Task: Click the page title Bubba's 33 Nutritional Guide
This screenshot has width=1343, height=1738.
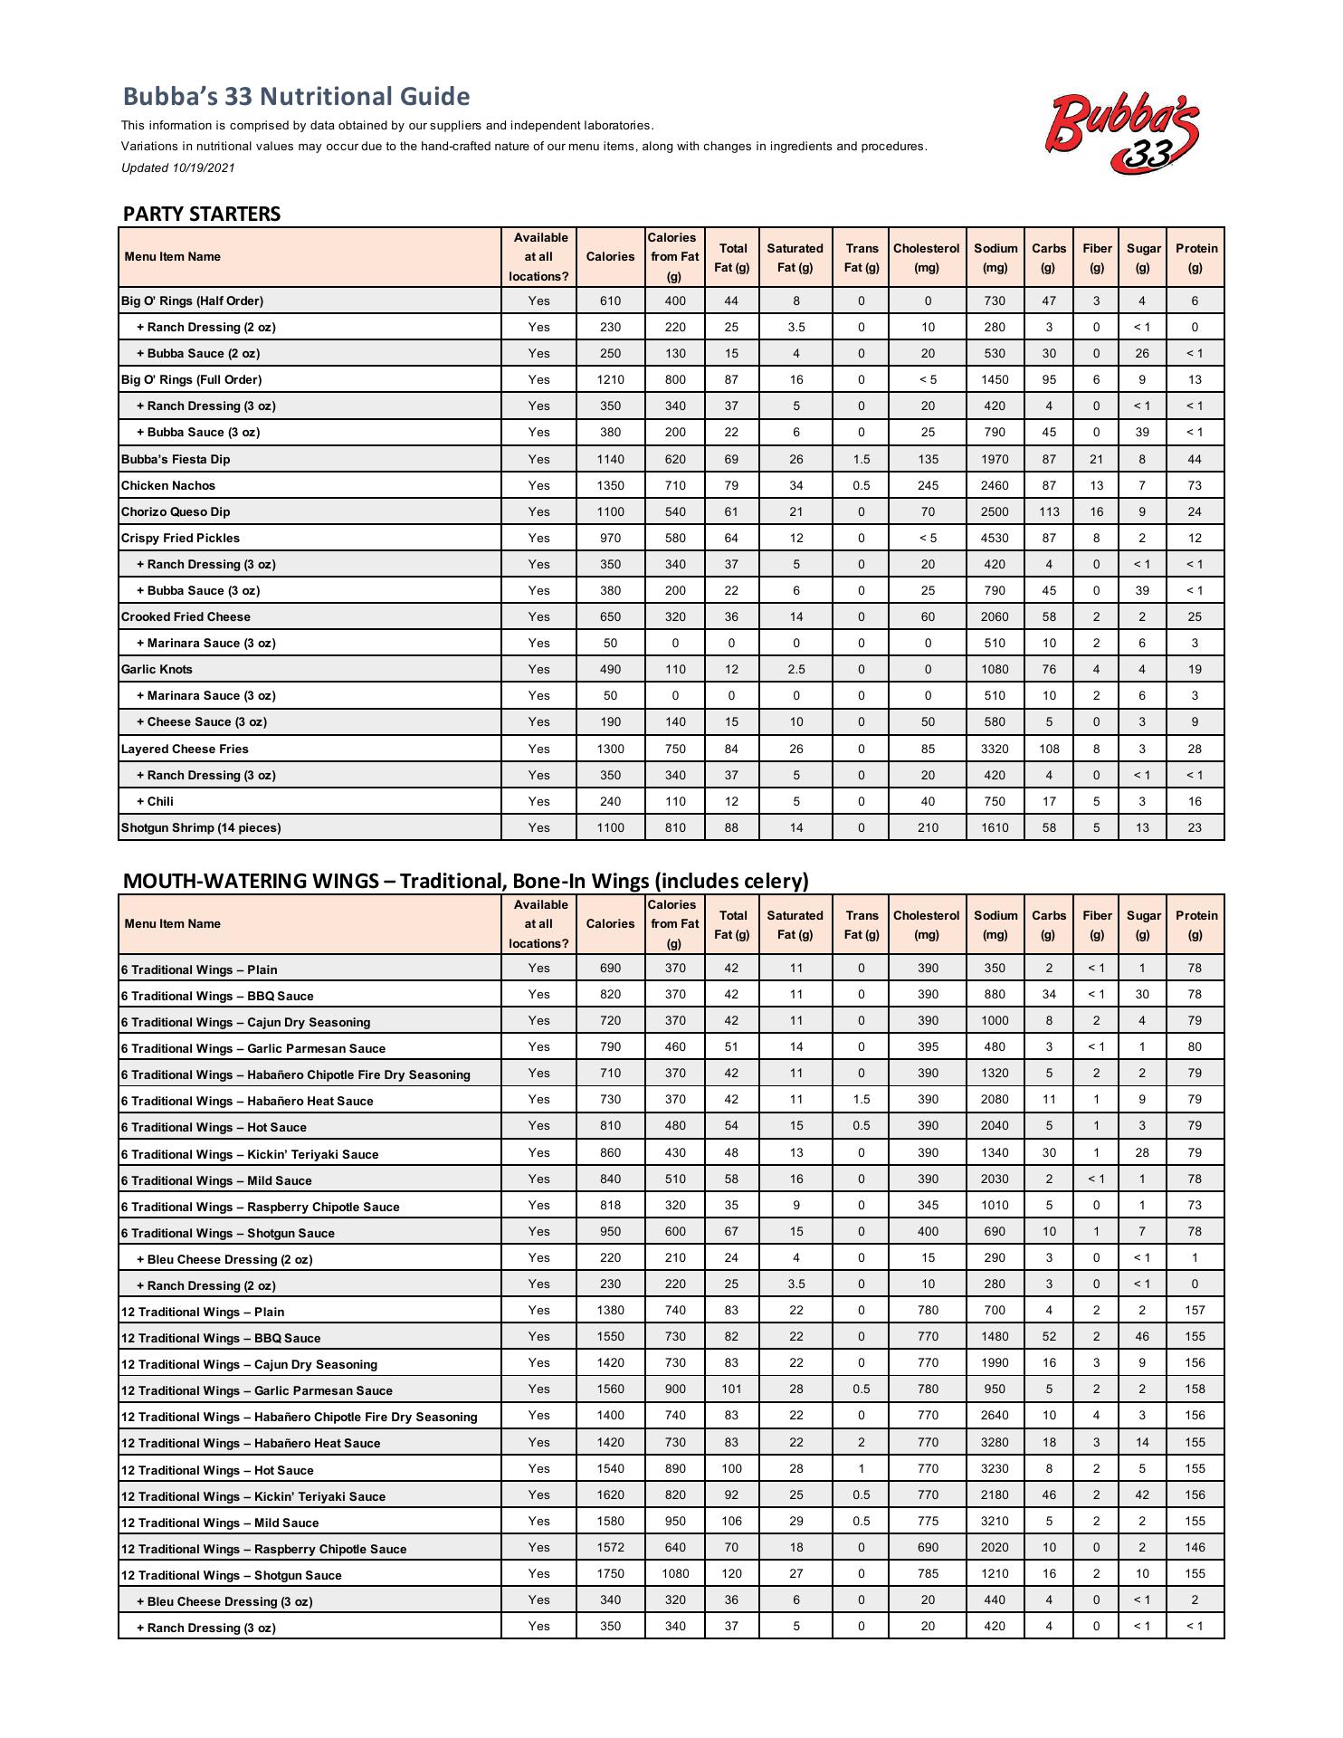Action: (x=296, y=97)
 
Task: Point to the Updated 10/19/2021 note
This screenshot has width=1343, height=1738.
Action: (x=178, y=167)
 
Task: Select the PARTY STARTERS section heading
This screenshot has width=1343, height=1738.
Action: (x=202, y=215)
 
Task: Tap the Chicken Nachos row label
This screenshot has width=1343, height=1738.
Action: (x=168, y=486)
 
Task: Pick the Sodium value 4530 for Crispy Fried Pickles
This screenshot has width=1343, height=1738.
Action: (x=994, y=539)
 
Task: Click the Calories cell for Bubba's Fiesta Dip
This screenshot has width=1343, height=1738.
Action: (x=610, y=460)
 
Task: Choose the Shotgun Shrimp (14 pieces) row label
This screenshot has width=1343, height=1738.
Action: (x=201, y=828)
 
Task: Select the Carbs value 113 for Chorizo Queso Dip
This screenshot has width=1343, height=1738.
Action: (x=1049, y=512)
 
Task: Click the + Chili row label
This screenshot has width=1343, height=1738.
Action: (x=155, y=802)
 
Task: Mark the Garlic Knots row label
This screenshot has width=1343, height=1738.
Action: (x=157, y=670)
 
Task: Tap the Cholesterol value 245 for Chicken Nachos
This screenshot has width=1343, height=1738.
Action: (x=928, y=486)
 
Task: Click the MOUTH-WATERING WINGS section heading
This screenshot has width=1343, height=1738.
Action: (x=465, y=881)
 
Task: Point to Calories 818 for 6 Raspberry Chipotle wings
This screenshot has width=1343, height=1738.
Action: (x=610, y=1206)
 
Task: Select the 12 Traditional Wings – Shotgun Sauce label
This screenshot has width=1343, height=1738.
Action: (x=231, y=1576)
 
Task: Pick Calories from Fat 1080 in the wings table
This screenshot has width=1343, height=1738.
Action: (x=674, y=1574)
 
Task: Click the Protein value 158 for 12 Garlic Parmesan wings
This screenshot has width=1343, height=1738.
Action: (x=1195, y=1389)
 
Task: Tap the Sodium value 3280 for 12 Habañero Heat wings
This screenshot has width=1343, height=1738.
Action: (x=994, y=1443)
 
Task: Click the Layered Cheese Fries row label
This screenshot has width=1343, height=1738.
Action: (x=185, y=750)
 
